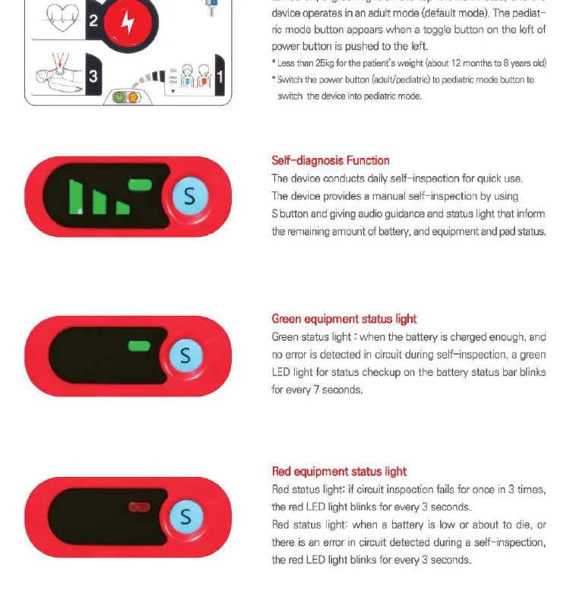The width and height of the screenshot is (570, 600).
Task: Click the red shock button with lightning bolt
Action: click(128, 23)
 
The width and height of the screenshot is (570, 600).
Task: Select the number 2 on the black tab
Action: click(93, 21)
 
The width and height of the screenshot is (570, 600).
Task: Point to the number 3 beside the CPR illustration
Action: click(93, 76)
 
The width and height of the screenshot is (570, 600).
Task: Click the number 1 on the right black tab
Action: click(220, 76)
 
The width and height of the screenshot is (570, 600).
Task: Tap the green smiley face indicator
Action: click(119, 97)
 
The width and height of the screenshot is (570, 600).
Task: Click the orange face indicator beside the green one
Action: click(132, 97)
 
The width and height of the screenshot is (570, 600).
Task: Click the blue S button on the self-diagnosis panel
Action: click(189, 197)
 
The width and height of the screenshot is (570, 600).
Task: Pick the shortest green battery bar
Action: click(122, 207)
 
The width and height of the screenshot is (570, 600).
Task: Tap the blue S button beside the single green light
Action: click(185, 355)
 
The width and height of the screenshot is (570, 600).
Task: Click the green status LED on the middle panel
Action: click(139, 346)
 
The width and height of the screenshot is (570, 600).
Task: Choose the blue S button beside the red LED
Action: click(185, 516)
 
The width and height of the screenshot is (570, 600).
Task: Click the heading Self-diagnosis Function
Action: click(331, 160)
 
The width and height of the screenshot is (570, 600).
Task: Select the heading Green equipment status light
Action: click(344, 319)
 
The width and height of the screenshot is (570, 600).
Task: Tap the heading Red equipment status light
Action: click(339, 472)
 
